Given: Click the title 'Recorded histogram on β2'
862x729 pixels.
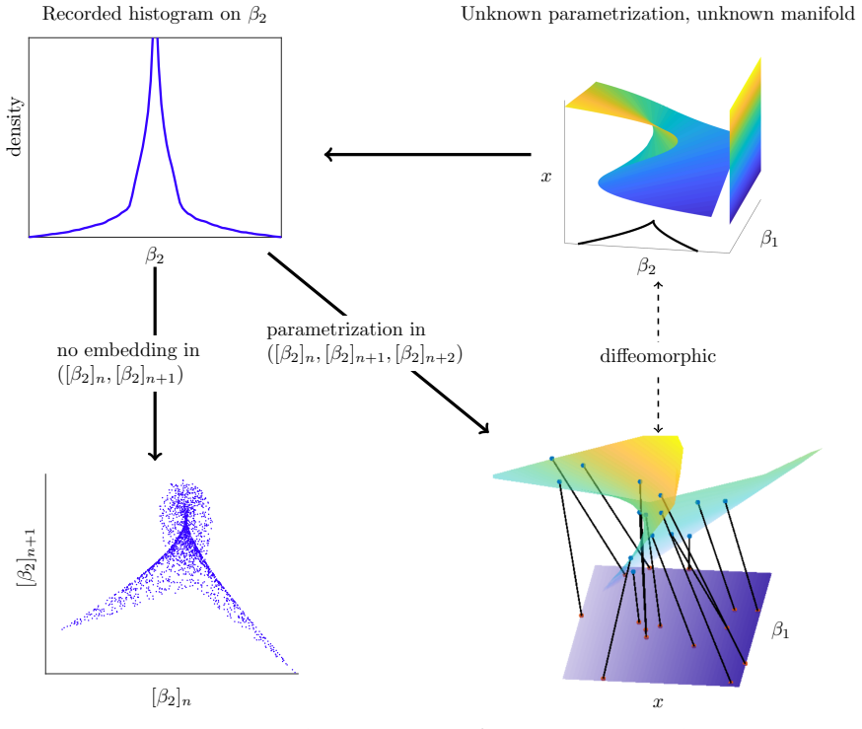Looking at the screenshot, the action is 154,14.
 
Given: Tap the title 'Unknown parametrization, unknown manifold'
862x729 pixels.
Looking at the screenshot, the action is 658,14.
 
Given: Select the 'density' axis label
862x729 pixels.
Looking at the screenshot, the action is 15,127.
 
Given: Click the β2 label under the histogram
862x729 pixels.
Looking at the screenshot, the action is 155,255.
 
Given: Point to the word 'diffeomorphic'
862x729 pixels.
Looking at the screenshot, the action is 658,356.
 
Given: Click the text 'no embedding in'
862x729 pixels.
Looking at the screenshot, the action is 128,350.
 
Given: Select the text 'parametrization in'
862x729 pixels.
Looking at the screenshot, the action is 346,329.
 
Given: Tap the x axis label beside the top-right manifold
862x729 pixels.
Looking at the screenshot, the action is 545,177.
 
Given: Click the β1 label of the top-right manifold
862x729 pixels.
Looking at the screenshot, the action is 769,238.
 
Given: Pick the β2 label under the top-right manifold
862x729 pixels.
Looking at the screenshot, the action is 647,266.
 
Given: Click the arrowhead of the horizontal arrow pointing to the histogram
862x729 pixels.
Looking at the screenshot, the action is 328,155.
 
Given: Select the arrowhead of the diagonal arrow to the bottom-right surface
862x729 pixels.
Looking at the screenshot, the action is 484,428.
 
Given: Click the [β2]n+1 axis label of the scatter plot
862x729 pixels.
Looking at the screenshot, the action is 28,557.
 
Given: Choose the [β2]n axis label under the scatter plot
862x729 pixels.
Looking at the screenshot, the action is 172,697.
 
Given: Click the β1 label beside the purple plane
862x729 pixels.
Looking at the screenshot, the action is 780,630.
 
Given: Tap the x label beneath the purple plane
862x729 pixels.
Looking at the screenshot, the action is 658,702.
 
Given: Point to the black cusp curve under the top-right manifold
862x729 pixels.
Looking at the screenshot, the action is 653,223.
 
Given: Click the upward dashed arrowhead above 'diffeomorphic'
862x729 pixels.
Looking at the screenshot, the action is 658,284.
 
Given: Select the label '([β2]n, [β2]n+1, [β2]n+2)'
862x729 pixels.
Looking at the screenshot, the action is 365,354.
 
